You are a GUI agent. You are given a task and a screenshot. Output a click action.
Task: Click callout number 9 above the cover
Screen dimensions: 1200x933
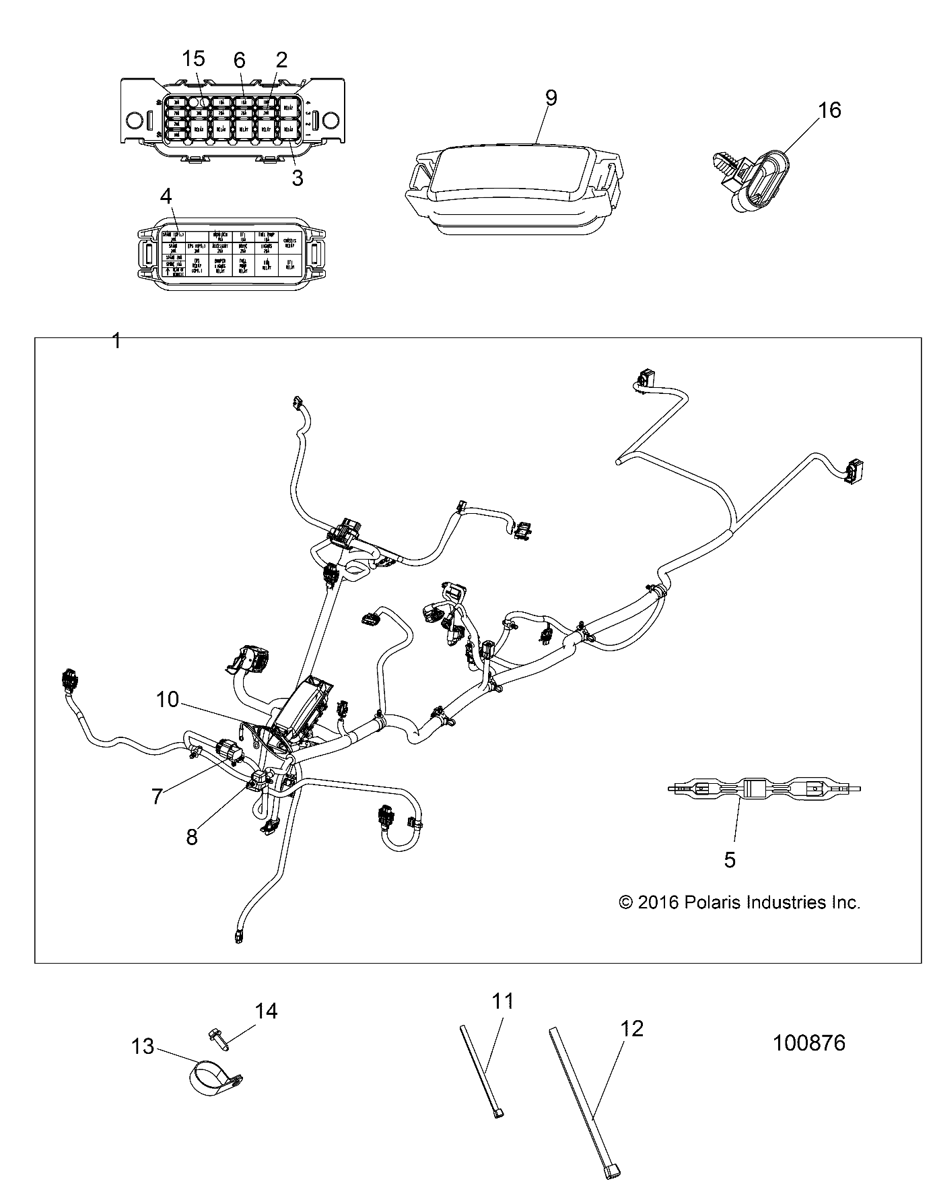(551, 98)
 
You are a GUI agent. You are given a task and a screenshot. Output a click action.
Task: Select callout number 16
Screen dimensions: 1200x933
(829, 110)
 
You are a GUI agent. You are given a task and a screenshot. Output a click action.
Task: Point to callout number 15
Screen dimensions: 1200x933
(193, 59)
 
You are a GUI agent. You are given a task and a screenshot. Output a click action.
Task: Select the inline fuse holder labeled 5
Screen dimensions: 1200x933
(764, 788)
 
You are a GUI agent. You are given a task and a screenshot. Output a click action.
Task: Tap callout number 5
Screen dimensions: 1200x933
(730, 859)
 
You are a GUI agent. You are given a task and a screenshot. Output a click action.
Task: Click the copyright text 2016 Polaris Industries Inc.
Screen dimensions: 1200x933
(739, 902)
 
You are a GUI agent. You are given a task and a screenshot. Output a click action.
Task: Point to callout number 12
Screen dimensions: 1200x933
(632, 1028)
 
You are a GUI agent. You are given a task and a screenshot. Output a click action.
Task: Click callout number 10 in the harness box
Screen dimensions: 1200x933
(167, 700)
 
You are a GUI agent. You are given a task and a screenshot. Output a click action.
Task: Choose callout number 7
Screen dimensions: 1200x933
(157, 797)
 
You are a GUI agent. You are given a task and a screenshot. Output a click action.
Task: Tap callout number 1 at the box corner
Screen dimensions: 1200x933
(116, 341)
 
